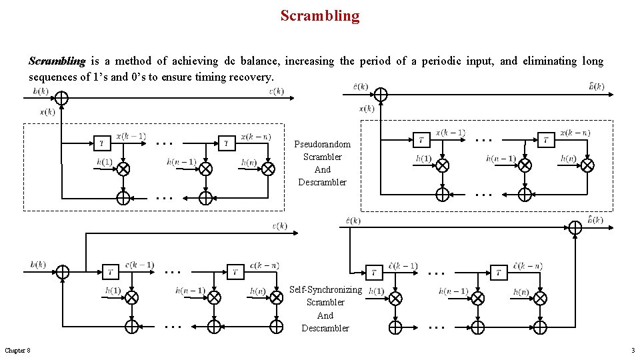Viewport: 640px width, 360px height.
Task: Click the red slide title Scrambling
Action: [319, 15]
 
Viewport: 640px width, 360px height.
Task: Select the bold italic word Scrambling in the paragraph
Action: [57, 61]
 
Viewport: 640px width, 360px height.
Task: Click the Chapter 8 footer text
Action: [17, 351]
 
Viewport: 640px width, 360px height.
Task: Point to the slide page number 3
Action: [632, 351]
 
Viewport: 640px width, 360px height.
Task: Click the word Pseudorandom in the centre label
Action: [322, 145]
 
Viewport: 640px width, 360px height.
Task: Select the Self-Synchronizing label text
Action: [325, 290]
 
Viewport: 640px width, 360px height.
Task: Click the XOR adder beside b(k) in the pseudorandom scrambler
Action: [61, 98]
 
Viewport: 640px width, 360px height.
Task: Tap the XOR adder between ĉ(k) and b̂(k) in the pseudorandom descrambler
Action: [380, 94]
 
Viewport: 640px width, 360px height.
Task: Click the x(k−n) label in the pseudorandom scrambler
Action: [256, 137]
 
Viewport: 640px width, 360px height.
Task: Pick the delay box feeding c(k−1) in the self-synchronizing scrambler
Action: [111, 271]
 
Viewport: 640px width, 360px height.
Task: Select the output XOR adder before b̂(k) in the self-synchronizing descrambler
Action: [575, 227]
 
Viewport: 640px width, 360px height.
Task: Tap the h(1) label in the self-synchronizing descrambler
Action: [376, 291]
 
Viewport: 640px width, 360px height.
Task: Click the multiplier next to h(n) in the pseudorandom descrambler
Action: [587, 165]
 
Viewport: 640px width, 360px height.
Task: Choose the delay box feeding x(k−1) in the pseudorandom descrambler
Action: [421, 139]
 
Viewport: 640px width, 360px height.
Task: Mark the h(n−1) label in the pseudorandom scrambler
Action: [181, 161]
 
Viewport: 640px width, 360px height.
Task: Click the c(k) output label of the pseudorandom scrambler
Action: [276, 91]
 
